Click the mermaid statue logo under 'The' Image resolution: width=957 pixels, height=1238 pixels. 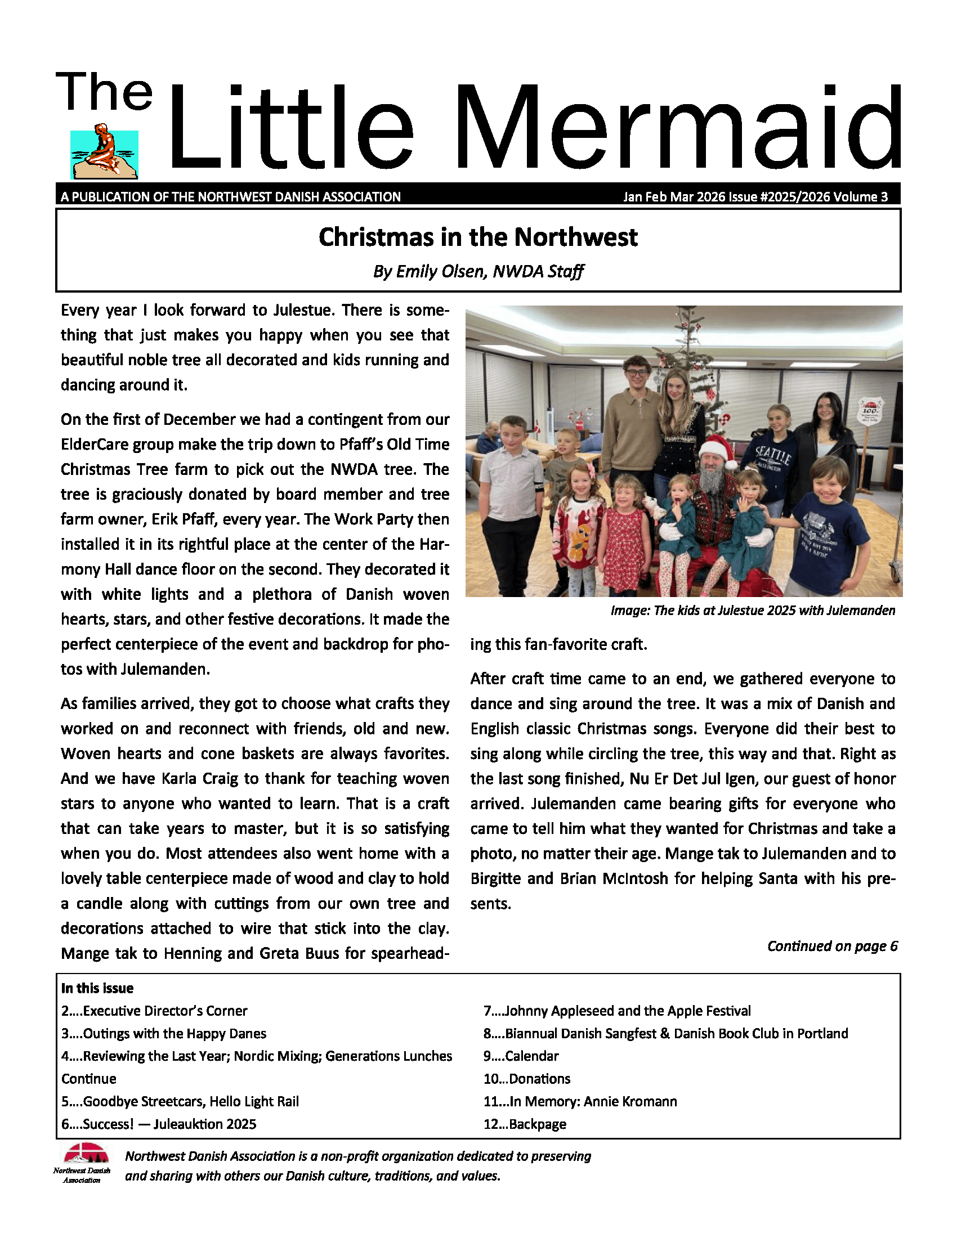click(104, 151)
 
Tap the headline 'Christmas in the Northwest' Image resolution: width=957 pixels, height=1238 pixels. click(478, 237)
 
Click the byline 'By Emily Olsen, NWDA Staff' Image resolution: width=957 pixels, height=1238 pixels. click(478, 272)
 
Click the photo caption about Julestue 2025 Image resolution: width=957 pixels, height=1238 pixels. click(752, 611)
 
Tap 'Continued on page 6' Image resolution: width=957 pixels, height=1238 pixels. click(831, 946)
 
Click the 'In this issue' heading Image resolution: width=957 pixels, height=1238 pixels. click(97, 988)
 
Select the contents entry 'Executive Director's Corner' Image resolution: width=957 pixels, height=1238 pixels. click(164, 1011)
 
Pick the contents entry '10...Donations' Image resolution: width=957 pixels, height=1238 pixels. click(527, 1079)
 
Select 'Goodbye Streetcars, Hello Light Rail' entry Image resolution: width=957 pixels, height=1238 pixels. click(190, 1101)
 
